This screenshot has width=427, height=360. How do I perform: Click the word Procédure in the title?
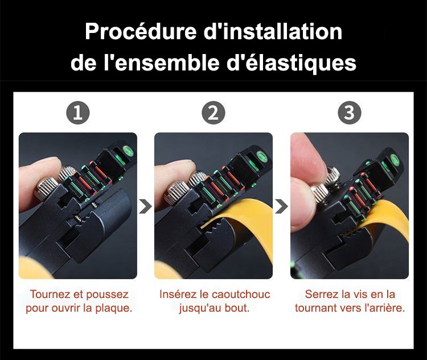pos(141,32)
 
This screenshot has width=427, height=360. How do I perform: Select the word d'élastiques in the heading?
pos(291,63)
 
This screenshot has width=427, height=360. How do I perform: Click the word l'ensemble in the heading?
pos(162,63)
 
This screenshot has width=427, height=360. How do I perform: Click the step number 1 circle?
pos(78,113)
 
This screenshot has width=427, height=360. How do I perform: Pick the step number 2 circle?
pos(213,113)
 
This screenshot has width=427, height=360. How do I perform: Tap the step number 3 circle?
pos(350,113)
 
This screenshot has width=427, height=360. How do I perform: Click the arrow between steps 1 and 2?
pos(146,206)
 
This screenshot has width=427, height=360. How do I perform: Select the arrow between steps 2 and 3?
pos(282,206)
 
